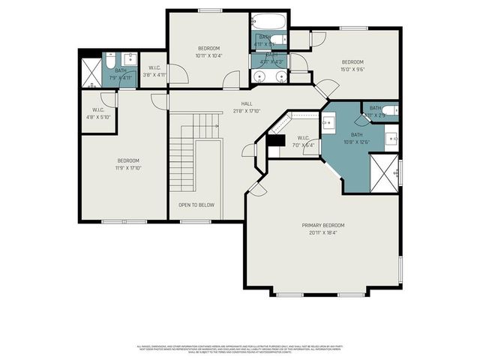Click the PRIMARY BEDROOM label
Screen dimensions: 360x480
point(323,225)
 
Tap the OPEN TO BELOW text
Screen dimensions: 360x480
point(196,205)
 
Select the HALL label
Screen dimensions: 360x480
point(246,103)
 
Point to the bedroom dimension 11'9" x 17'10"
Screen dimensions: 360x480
point(129,167)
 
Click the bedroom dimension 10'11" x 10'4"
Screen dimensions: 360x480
point(209,55)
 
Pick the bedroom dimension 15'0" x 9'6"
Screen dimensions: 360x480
point(352,69)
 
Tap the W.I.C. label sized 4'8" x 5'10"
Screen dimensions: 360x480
point(97,117)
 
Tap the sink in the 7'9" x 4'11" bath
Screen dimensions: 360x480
point(128,57)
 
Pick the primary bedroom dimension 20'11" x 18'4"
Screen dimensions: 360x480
point(323,232)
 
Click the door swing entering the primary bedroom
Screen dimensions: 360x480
point(257,188)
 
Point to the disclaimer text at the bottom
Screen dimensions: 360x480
point(240,349)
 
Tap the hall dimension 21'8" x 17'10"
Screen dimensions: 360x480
point(246,111)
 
